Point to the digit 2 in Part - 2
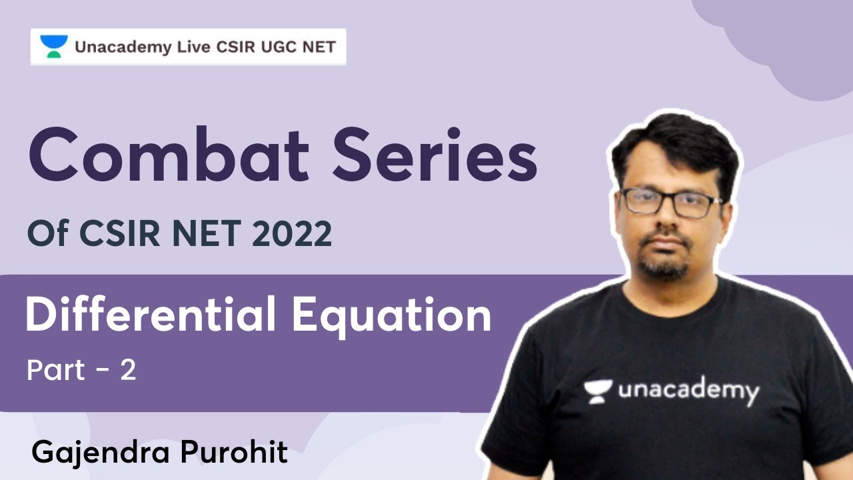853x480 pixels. click(x=128, y=371)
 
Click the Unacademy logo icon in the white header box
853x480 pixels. click(x=54, y=47)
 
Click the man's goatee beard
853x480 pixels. click(x=664, y=267)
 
